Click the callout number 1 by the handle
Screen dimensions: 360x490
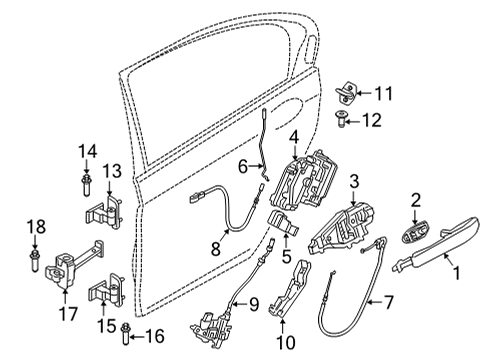457,269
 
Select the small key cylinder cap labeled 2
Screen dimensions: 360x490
410,236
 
